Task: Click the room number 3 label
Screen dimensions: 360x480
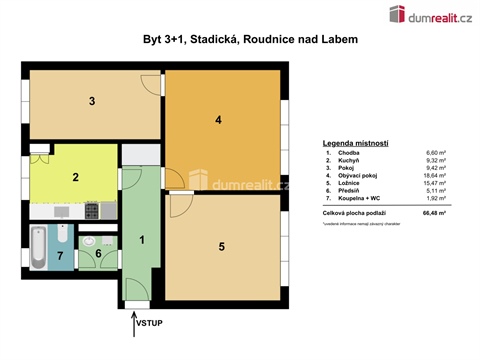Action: (x=91, y=101)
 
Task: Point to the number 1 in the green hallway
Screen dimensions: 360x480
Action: (x=142, y=239)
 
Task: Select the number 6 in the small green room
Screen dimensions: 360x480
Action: (x=98, y=254)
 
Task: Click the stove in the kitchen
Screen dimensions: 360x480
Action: (x=92, y=210)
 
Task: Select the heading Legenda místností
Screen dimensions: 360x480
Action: (x=355, y=144)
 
